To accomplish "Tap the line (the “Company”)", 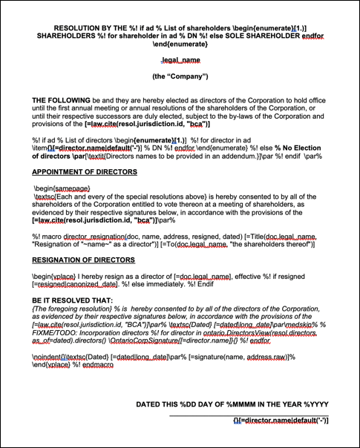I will [x=180, y=76].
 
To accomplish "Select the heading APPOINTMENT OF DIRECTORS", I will [x=84, y=172].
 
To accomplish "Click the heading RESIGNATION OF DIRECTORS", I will [x=83, y=260].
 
